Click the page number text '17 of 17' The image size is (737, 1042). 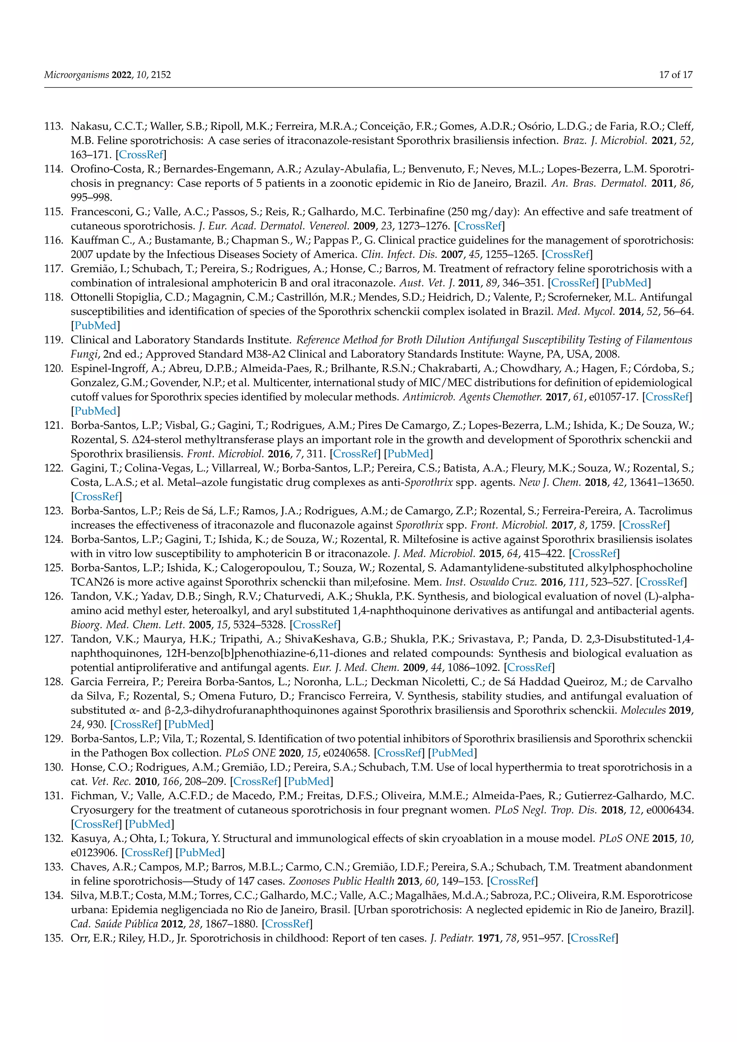click(675, 75)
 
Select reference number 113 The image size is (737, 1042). click(54, 126)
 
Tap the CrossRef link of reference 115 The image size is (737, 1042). click(479, 226)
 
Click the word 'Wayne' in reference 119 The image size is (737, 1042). click(532, 354)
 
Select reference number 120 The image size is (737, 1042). click(54, 368)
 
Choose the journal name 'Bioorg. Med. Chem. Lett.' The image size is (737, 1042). click(127, 625)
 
